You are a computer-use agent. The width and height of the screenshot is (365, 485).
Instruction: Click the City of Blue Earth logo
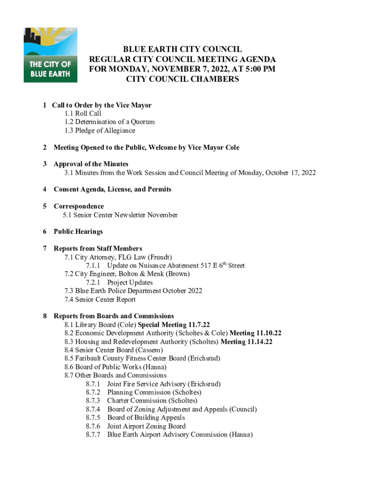click(50, 55)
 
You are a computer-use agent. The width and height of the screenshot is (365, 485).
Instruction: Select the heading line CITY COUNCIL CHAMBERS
click(182, 80)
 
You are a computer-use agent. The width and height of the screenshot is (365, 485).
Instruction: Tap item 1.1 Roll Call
click(83, 113)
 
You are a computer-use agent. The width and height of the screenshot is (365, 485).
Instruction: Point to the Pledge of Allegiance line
click(100, 130)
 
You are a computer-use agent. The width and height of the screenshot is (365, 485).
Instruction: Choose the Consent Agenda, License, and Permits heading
click(112, 189)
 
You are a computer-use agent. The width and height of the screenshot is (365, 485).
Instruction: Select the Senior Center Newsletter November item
click(120, 215)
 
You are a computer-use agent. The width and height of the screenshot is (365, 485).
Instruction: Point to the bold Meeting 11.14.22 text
click(246, 341)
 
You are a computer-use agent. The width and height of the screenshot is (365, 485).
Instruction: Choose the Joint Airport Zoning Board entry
click(146, 426)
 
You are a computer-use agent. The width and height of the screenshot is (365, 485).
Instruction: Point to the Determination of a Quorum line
click(109, 122)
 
